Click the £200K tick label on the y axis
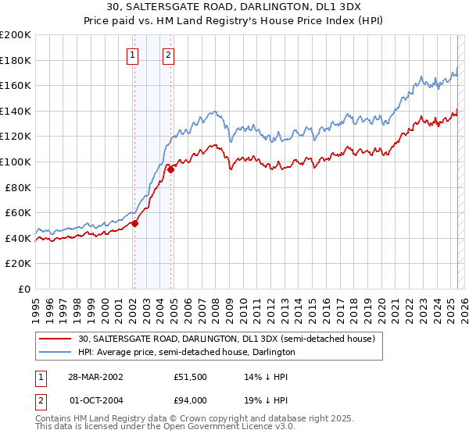(x=16, y=34)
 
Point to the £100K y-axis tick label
(x=16, y=162)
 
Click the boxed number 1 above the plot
(x=134, y=55)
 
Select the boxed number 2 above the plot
(x=169, y=55)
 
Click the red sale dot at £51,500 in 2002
(x=134, y=223)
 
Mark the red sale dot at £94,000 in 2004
(x=170, y=169)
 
